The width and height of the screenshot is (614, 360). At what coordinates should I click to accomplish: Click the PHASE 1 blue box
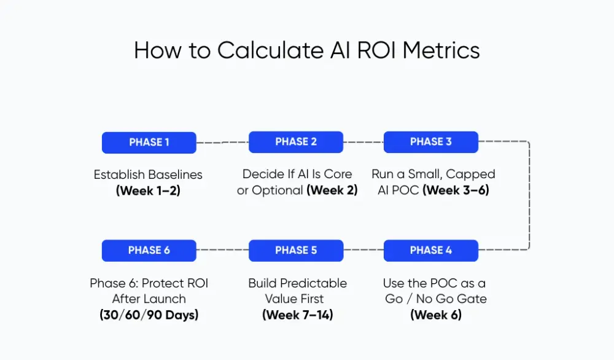[149, 143]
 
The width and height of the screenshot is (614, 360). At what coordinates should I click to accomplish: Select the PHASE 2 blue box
[296, 142]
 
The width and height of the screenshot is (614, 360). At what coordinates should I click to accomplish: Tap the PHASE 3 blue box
[430, 142]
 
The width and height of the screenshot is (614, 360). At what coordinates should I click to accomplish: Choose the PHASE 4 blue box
[430, 250]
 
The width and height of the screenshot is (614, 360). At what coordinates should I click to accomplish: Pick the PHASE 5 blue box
[296, 250]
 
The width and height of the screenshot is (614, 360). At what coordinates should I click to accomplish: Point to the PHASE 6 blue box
[149, 250]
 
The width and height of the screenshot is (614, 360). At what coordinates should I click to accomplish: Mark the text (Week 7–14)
[297, 315]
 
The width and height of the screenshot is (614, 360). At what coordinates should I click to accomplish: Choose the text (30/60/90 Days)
[149, 315]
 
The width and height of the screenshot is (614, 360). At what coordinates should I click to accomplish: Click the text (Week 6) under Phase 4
[435, 315]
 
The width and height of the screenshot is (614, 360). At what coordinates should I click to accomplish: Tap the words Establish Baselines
[148, 174]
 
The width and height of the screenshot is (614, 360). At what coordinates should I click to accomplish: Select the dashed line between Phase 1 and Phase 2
[222, 143]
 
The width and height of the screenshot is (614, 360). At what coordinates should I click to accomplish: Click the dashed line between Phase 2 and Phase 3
[363, 142]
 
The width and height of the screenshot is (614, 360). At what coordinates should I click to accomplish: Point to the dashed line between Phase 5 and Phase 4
[363, 250]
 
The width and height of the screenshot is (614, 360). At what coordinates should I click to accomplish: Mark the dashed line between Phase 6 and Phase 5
[222, 250]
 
